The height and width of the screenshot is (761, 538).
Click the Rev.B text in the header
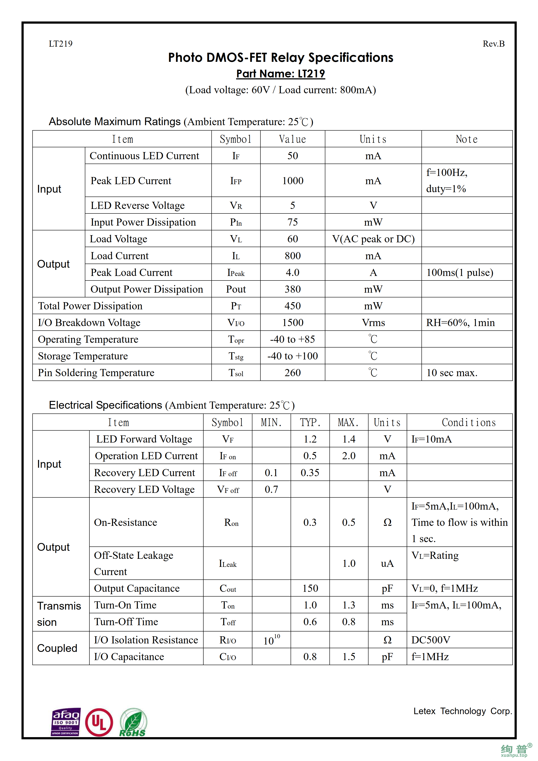493,44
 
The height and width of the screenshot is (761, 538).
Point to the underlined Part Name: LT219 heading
280,74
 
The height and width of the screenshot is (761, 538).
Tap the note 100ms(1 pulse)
459,272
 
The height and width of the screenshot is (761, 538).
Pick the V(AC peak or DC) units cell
373,239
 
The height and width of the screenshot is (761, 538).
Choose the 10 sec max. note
451,373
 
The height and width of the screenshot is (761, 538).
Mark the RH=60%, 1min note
460,323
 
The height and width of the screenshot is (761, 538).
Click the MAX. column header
348,422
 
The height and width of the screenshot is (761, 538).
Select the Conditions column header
468,422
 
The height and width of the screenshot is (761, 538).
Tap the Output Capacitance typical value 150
310,588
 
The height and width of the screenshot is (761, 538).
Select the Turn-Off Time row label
126,622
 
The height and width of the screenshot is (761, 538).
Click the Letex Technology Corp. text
462,711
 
